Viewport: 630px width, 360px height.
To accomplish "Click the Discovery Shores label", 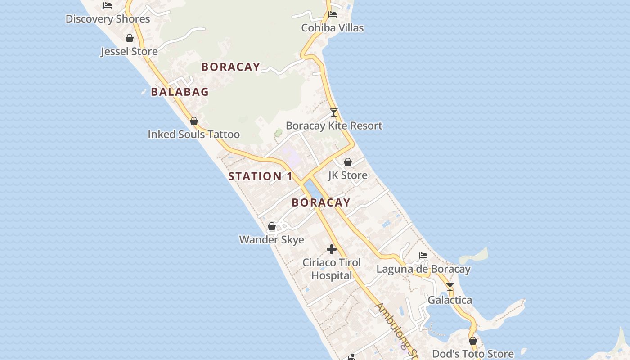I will (x=108, y=19).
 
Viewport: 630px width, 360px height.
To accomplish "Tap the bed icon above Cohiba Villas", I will (x=333, y=14).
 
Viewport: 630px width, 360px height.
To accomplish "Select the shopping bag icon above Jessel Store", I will (x=130, y=38).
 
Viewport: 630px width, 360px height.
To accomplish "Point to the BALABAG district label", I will (x=180, y=92).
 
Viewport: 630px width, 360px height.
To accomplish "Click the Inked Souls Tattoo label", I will (x=193, y=134).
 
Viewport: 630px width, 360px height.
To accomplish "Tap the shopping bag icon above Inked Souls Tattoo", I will (x=194, y=121).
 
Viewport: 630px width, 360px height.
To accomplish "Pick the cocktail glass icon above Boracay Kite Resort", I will (x=333, y=112).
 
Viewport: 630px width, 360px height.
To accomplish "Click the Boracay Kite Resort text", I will (x=334, y=126).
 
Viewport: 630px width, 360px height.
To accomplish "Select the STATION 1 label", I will (x=260, y=176).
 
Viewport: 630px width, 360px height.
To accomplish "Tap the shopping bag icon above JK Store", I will (x=348, y=162).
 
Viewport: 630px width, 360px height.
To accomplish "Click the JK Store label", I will (x=347, y=175).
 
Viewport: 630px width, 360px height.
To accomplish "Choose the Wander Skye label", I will (x=271, y=239).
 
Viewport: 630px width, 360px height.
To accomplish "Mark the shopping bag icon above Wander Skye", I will (x=272, y=226).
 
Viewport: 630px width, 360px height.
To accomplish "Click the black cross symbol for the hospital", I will (x=332, y=249).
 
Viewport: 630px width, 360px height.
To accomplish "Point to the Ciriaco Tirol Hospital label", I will (x=332, y=269).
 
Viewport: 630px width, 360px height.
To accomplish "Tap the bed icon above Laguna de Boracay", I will (x=423, y=256).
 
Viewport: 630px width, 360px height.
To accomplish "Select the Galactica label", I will (x=450, y=300).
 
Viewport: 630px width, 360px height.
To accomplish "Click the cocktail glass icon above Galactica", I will (x=450, y=287).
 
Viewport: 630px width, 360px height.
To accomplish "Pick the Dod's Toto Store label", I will (x=472, y=354).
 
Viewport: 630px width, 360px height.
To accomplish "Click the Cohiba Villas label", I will (x=332, y=28).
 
